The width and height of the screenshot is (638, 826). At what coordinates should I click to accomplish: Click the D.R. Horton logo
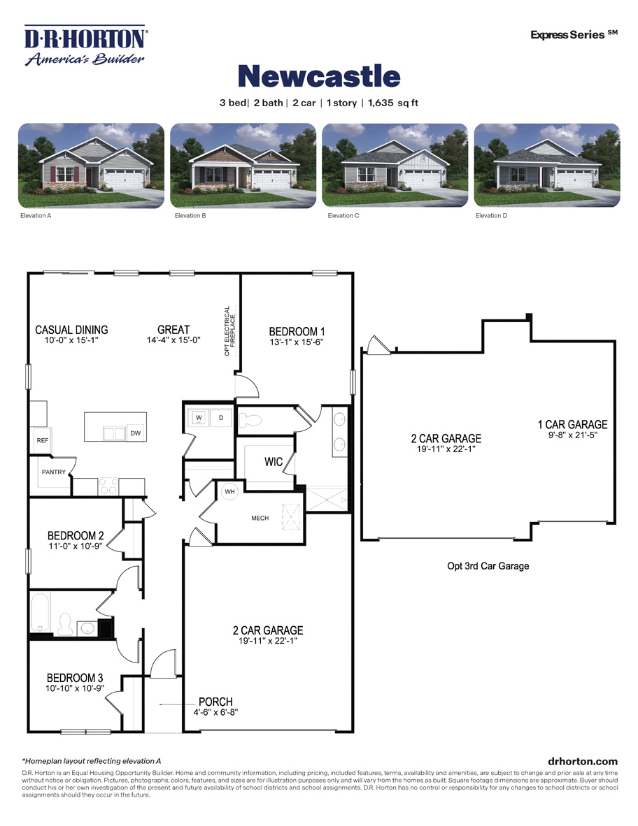tap(85, 45)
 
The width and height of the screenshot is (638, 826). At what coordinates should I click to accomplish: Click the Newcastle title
tap(319, 76)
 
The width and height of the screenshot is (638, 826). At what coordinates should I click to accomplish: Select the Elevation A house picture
tap(91, 165)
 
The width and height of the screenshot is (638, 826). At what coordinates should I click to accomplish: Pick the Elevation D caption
tap(491, 216)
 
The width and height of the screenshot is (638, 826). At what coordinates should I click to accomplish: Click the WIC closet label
tap(274, 462)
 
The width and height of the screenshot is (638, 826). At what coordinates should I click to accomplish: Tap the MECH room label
tap(260, 518)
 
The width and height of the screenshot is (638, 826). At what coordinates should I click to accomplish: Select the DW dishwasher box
tap(136, 433)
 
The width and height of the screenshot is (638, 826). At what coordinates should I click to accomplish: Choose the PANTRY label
tap(53, 472)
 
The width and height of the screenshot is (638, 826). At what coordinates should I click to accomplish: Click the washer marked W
tap(199, 418)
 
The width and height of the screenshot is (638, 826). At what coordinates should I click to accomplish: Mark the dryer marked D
tap(221, 418)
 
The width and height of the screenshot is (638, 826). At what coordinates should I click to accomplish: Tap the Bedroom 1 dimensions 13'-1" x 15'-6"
tap(297, 342)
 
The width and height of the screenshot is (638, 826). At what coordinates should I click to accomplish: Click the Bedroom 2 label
tap(76, 536)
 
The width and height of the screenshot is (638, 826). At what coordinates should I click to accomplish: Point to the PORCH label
tap(215, 702)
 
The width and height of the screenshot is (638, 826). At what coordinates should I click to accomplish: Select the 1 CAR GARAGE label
tap(572, 424)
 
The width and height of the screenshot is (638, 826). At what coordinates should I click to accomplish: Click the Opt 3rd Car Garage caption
tap(488, 566)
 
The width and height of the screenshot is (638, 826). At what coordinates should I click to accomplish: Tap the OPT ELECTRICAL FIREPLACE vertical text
tap(230, 331)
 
